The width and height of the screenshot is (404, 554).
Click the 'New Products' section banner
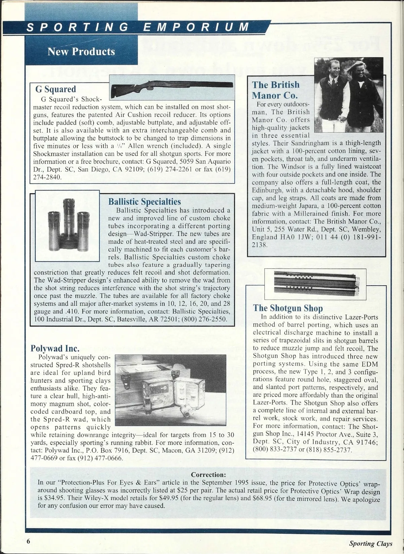pos(81,52)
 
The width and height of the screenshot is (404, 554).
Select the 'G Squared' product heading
pos(56,89)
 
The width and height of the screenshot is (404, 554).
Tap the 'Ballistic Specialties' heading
pos(144,201)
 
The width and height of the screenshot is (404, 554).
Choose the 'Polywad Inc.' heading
pos(55,348)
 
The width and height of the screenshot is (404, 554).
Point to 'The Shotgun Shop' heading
pos(288,308)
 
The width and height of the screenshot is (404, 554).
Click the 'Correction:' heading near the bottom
pos(208,475)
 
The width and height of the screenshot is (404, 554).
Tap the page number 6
pos(29,541)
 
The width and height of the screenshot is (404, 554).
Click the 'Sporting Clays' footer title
pos(371,543)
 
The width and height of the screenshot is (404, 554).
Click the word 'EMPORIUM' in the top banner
pos(196,27)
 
